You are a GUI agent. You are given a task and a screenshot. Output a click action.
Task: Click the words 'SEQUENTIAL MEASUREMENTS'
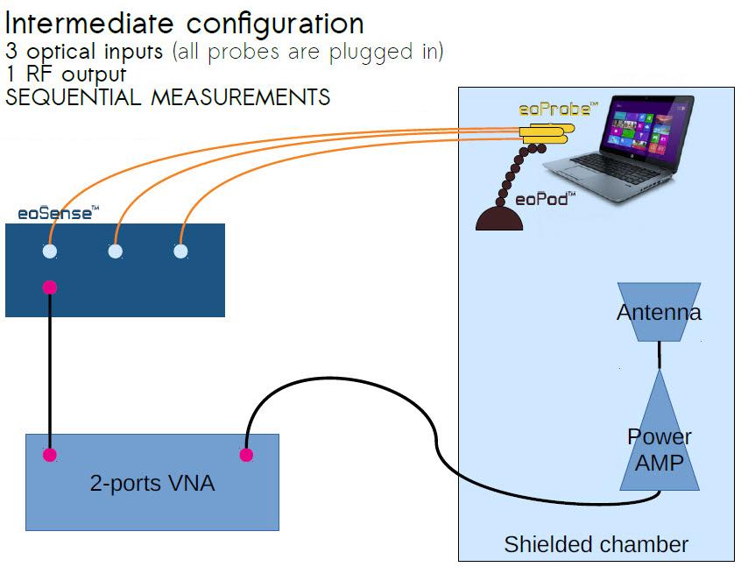(x=167, y=97)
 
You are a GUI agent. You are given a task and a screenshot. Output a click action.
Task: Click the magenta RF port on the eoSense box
(x=50, y=287)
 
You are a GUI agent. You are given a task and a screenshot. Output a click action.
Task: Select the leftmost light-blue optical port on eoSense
(x=50, y=252)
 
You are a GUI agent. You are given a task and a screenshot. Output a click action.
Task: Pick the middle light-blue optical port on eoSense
(x=115, y=252)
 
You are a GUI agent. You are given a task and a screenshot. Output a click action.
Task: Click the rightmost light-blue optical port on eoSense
(x=180, y=252)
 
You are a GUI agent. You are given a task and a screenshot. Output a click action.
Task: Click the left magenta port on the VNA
(x=50, y=455)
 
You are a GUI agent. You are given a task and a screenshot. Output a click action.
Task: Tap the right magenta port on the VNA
(x=246, y=455)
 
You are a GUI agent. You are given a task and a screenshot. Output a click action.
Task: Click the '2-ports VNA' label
(x=152, y=482)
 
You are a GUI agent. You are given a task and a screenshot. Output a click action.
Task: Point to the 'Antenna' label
(x=659, y=313)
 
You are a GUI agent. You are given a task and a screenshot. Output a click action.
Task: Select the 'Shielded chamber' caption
(x=596, y=544)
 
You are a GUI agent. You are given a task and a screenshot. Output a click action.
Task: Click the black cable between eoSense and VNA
(x=50, y=368)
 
